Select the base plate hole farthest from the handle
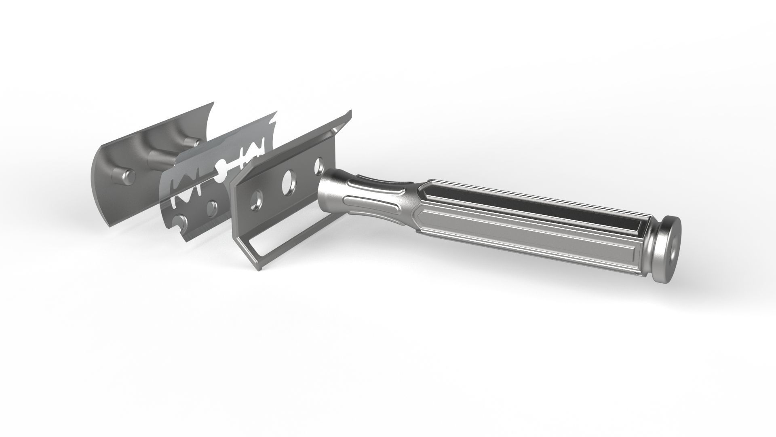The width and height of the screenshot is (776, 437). click(x=256, y=200)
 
